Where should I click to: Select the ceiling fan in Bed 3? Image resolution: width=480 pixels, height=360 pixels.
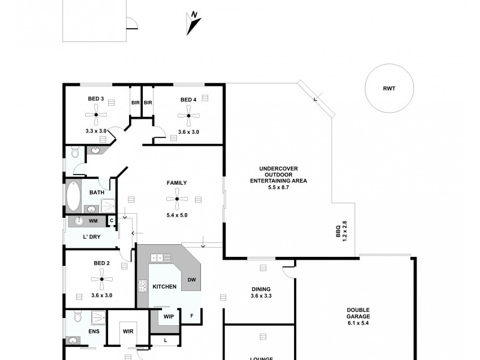(x=95, y=115)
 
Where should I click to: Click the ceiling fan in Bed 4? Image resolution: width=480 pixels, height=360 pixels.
(x=188, y=115)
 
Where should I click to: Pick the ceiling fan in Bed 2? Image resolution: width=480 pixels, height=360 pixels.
(x=101, y=278)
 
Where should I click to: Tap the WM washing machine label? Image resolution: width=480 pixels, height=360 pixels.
(x=93, y=221)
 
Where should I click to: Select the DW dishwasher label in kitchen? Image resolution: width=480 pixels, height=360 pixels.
(x=191, y=280)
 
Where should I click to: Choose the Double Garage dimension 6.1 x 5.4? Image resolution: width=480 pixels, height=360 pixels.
(x=358, y=323)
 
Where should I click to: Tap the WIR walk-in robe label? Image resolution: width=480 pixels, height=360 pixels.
(x=127, y=331)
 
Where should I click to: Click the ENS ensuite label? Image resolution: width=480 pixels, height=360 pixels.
(x=94, y=331)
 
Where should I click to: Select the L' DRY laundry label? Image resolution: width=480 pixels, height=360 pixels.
(x=91, y=238)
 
